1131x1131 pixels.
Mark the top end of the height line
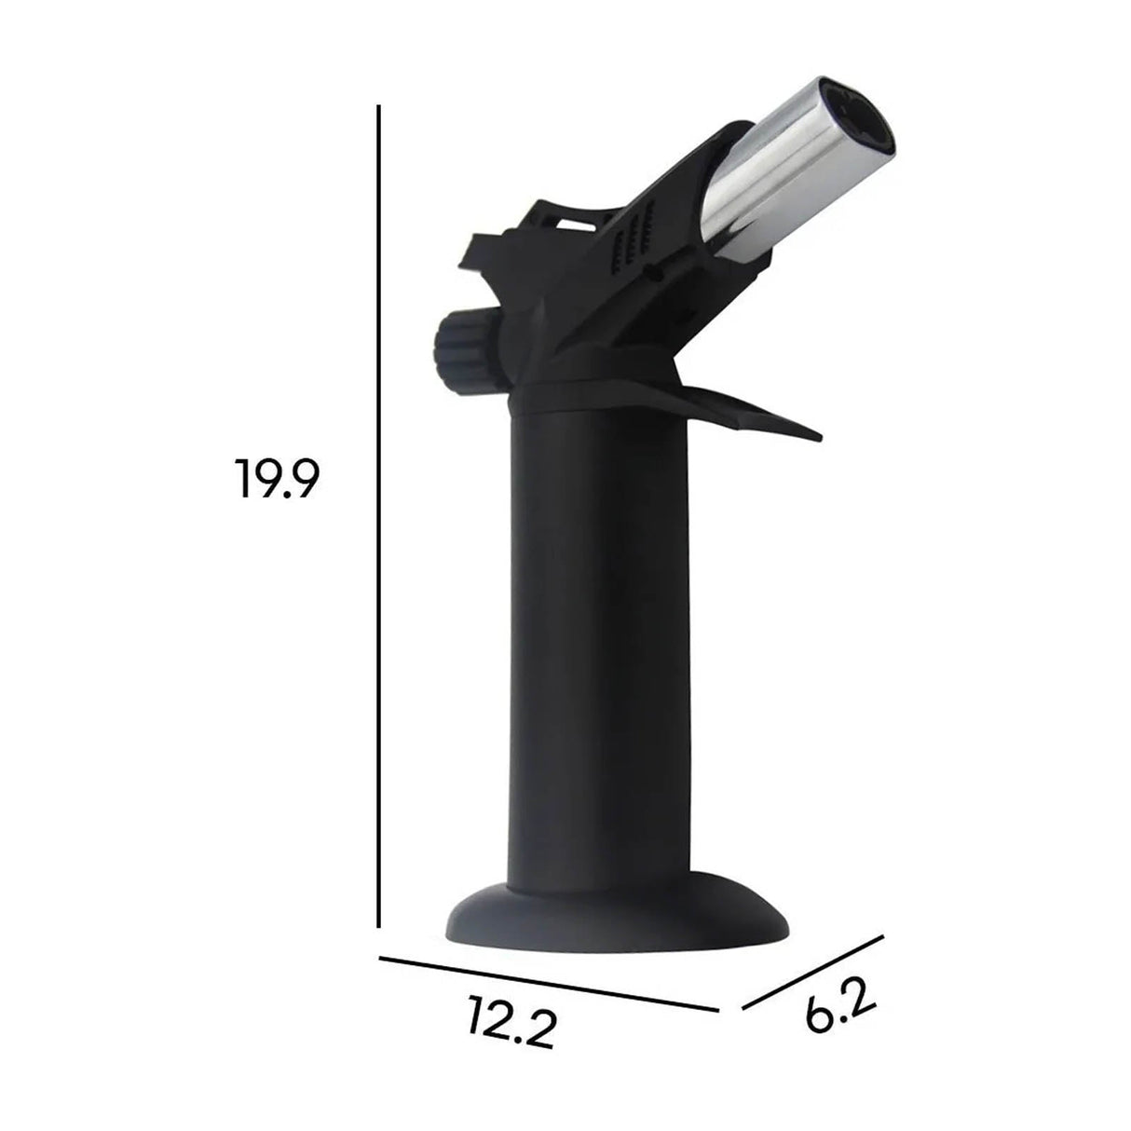click(378, 108)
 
